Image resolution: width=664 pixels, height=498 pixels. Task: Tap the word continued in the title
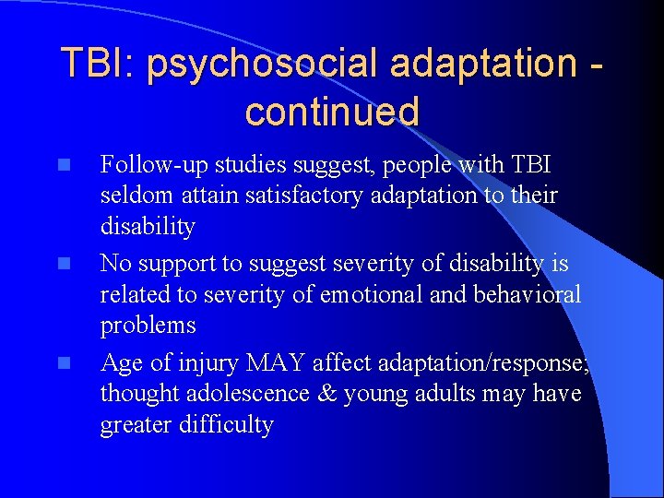332,112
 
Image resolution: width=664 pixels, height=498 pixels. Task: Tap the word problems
148,326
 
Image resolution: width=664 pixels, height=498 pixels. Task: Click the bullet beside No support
62,265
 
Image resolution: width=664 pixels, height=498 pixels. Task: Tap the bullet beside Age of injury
62,363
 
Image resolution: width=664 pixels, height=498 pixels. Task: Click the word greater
135,425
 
